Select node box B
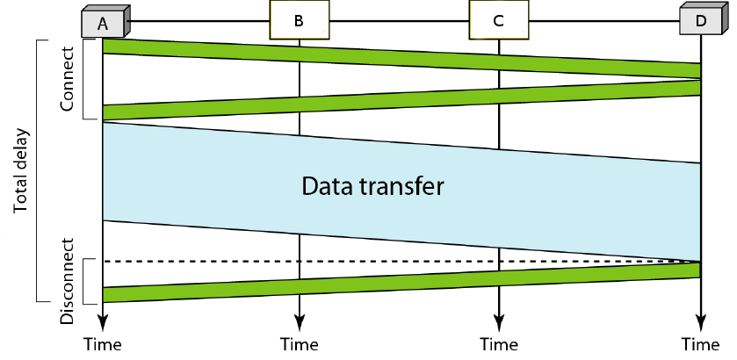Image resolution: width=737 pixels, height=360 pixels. click(299, 19)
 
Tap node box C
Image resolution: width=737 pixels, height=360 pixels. click(498, 19)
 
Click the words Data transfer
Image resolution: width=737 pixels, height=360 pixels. click(373, 186)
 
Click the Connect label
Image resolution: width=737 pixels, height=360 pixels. click(68, 80)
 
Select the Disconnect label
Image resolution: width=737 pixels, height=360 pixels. click(68, 280)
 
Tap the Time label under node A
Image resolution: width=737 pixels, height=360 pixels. click(103, 342)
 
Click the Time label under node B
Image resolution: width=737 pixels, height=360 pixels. click(300, 342)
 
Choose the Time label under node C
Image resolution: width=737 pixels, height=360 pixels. click(499, 342)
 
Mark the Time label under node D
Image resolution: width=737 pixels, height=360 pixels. click(700, 342)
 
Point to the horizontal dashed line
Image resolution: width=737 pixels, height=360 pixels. click(401, 262)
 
